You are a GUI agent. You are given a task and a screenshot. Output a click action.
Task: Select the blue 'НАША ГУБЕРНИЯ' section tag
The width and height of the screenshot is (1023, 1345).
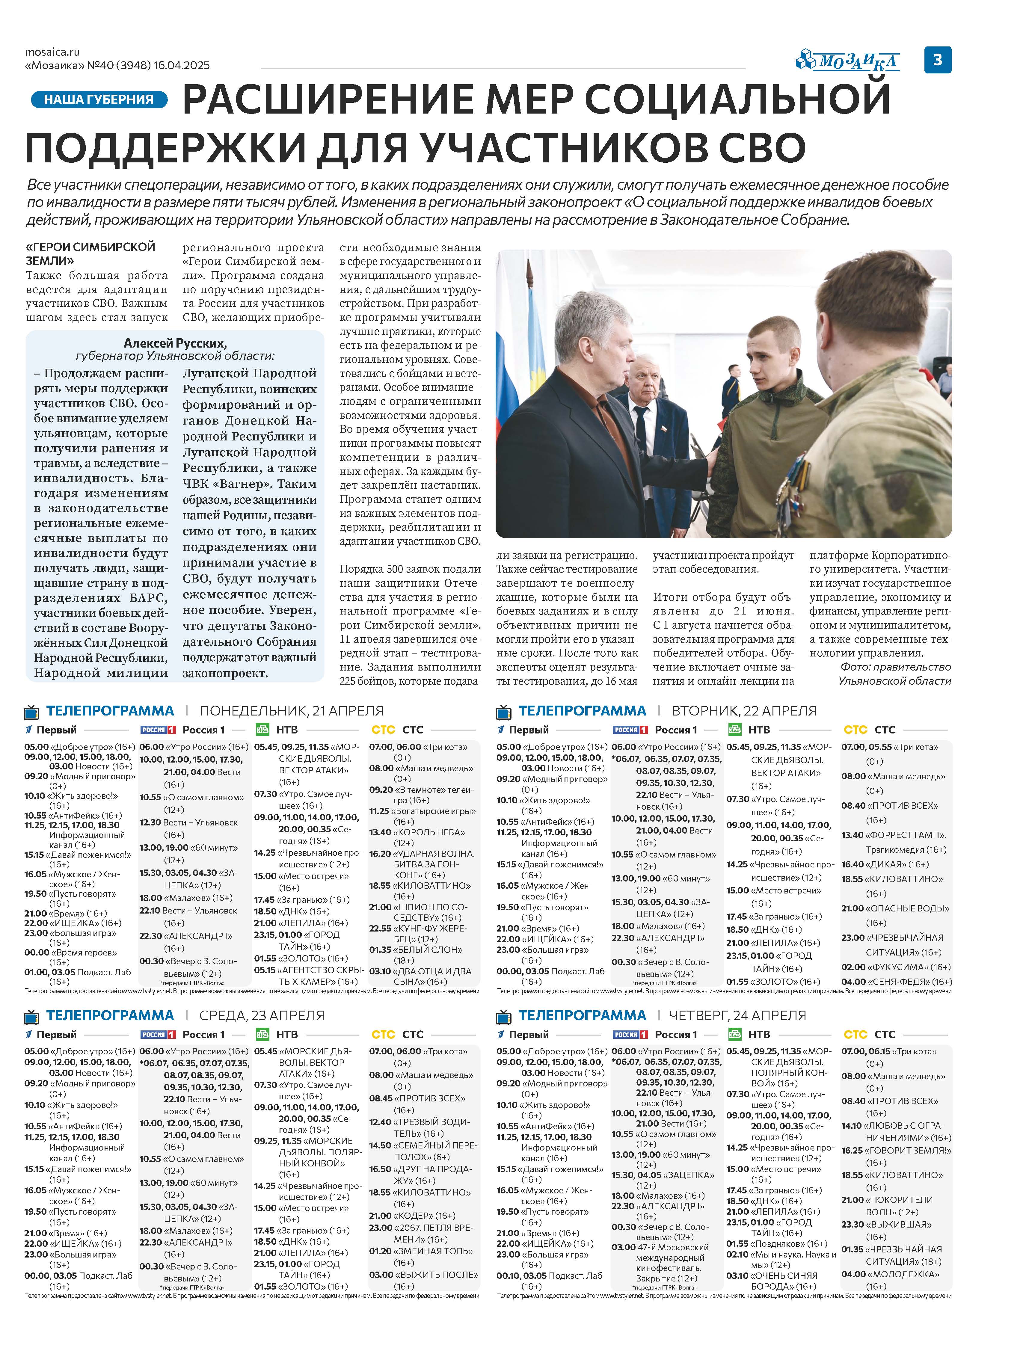[x=99, y=99]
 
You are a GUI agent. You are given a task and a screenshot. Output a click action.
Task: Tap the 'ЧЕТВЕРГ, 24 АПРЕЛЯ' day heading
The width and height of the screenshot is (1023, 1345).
[x=737, y=1015]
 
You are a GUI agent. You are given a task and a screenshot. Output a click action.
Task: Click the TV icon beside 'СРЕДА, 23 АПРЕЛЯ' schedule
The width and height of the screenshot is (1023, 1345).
[x=32, y=1016]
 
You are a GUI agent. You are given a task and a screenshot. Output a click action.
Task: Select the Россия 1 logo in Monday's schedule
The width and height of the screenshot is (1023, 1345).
[x=158, y=730]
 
